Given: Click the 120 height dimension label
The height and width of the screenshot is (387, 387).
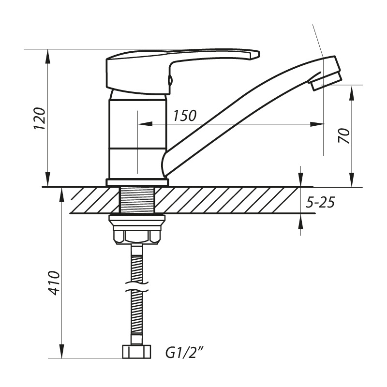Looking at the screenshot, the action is click(40, 119).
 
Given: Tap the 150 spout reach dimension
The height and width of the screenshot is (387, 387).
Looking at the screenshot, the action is click(184, 115).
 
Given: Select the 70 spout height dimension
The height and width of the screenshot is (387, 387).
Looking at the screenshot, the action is click(344, 136).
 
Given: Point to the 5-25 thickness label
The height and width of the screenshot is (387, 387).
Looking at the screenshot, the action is click(320, 203).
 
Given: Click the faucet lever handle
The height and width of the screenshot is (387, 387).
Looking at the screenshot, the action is click(183, 72).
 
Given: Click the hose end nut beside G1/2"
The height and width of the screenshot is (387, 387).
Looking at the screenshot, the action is click(136, 352).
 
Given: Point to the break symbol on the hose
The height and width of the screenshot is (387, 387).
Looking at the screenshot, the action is click(136, 287).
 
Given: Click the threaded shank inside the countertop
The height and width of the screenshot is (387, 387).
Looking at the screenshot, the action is click(137, 200).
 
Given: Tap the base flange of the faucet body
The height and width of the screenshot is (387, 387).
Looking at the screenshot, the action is click(137, 182).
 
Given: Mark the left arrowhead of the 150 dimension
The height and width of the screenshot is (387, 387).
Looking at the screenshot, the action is click(145, 124).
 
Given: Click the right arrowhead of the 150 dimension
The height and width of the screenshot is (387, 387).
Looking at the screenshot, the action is click(317, 124).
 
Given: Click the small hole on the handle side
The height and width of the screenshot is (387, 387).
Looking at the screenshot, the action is click(170, 79).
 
